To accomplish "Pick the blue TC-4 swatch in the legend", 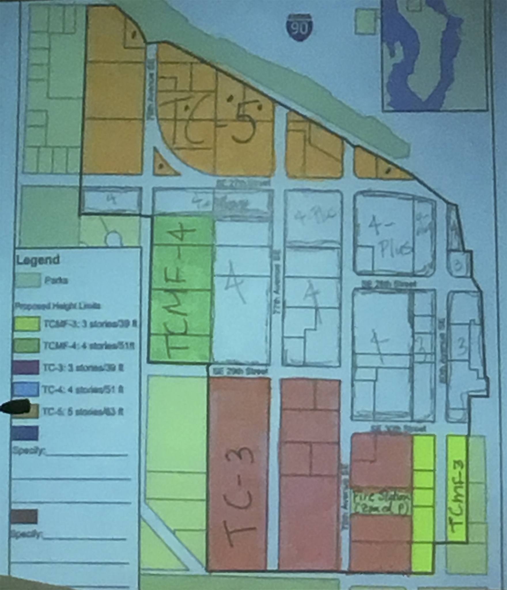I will [25, 389].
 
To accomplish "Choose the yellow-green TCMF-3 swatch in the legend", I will [26, 324].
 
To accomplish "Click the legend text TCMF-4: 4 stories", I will [89, 345].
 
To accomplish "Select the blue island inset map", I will [435, 56].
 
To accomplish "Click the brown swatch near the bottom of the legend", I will [24, 517].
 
